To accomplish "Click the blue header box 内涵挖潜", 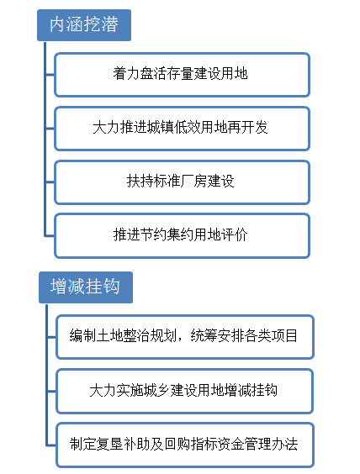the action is point(84,25).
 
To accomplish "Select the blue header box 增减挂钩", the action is point(86,287).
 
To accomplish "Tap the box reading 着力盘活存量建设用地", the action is point(183,75).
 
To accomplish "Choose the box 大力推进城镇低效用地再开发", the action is point(183,129).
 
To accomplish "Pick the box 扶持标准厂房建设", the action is point(183,182).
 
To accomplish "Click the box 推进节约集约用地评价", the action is point(183,236).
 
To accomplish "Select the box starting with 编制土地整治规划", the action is point(185,337).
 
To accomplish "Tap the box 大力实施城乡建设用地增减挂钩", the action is point(184,391).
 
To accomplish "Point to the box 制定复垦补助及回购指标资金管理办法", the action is point(185,445).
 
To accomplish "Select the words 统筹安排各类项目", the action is point(244,336).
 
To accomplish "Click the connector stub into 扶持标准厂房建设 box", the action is point(50,182).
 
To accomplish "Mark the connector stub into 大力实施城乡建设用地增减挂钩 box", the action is point(52,391).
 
